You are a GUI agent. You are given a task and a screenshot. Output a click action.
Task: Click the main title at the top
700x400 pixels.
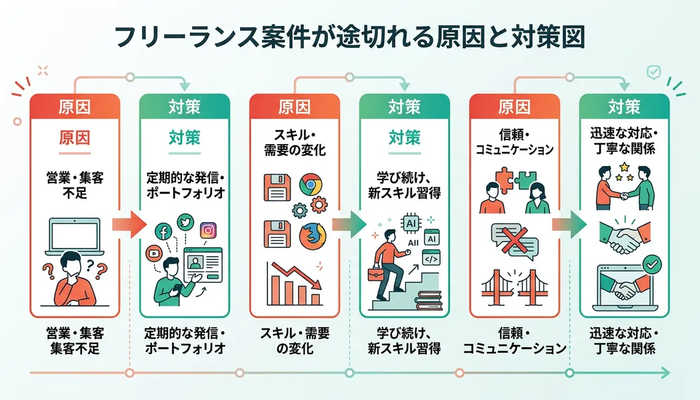[350, 37]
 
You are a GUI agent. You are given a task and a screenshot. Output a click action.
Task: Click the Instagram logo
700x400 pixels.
[209, 231]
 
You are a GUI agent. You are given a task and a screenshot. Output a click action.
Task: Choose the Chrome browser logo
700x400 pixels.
[308, 185]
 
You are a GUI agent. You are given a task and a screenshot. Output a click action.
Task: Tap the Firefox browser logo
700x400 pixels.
[309, 235]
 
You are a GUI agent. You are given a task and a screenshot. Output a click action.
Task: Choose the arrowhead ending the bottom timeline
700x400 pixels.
[667, 372]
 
